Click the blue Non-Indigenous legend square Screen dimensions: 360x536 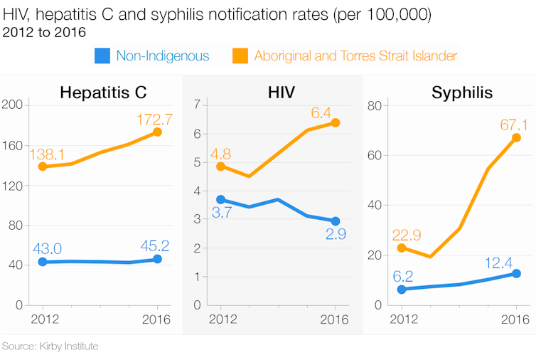103,55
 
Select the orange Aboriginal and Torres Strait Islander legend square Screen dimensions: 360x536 241,55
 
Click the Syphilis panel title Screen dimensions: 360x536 462,92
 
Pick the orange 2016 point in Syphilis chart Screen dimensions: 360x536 517,138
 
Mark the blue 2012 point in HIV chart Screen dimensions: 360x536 221,200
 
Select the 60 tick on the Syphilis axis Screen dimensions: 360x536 375,155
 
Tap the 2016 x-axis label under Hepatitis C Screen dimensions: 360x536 156,319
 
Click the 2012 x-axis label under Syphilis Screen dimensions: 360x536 402,319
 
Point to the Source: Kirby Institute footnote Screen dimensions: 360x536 50,346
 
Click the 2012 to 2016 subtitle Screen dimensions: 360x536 44,32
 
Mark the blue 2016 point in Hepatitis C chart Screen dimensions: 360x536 157,260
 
